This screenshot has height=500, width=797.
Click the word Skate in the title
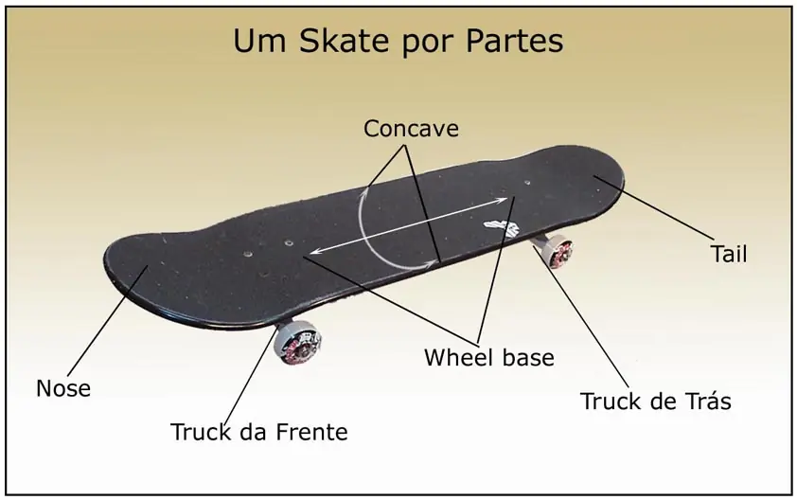click(x=345, y=41)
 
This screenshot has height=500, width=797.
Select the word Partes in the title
click(x=514, y=41)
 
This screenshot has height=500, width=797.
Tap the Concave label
click(x=411, y=128)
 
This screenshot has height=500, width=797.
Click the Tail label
click(x=729, y=253)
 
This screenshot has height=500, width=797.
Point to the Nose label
click(x=63, y=388)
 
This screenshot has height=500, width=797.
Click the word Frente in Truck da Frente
click(x=311, y=432)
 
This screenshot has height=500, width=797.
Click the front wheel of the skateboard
click(x=297, y=341)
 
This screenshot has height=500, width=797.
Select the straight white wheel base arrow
click(x=409, y=224)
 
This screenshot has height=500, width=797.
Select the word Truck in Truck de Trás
click(x=609, y=401)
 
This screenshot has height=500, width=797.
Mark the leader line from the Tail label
click(x=654, y=208)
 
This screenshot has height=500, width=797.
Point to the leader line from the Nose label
click(x=108, y=321)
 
